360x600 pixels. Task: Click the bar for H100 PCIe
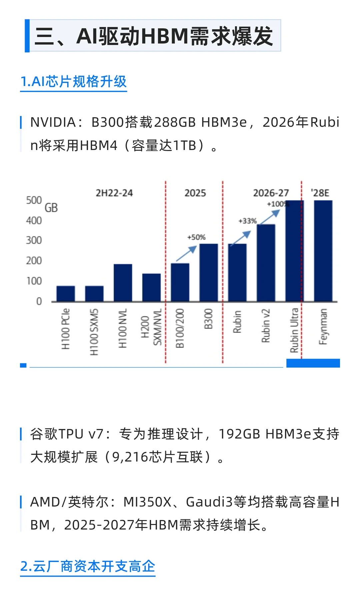[66, 294]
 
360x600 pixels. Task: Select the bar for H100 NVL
[123, 283]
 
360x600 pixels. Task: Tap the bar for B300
[208, 273]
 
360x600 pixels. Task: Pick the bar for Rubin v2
[266, 263]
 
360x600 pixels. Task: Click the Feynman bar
[323, 251]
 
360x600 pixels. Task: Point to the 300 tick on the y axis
[34, 240]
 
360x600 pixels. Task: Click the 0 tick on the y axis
[39, 301]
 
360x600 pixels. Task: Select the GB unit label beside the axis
[51, 208]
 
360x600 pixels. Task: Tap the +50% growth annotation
[196, 237]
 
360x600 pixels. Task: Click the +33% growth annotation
[247, 221]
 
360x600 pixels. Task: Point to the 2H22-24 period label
[114, 193]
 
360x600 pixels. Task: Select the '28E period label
[320, 193]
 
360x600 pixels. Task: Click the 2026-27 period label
[271, 193]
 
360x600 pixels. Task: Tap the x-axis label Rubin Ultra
[294, 330]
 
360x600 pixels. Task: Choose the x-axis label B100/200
[180, 328]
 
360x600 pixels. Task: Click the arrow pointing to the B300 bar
[186, 254]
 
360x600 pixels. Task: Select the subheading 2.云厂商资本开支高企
[88, 566]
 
